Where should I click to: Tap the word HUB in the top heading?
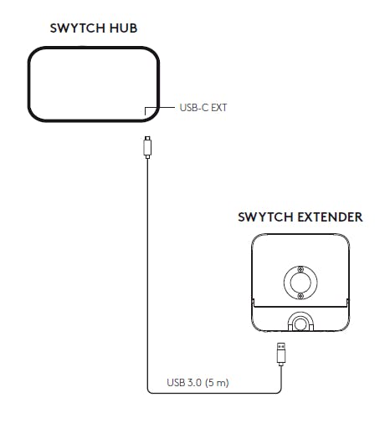(123, 28)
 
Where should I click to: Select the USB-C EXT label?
(203, 108)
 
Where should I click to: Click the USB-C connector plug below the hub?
(147, 147)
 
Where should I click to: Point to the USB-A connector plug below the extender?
(281, 354)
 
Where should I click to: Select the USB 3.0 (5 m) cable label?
(198, 382)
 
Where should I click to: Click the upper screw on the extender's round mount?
(300, 269)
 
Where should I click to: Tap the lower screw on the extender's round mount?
(300, 296)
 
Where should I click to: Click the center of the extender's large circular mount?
(300, 283)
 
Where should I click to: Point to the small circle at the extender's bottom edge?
(300, 324)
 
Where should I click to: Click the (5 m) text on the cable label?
(217, 382)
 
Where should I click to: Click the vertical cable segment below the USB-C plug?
(147, 273)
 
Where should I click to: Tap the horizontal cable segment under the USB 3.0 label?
(214, 393)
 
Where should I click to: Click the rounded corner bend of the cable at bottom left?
(149, 391)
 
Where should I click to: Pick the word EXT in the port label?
(219, 108)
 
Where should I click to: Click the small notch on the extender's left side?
(254, 303)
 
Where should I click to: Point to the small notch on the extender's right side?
(347, 303)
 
